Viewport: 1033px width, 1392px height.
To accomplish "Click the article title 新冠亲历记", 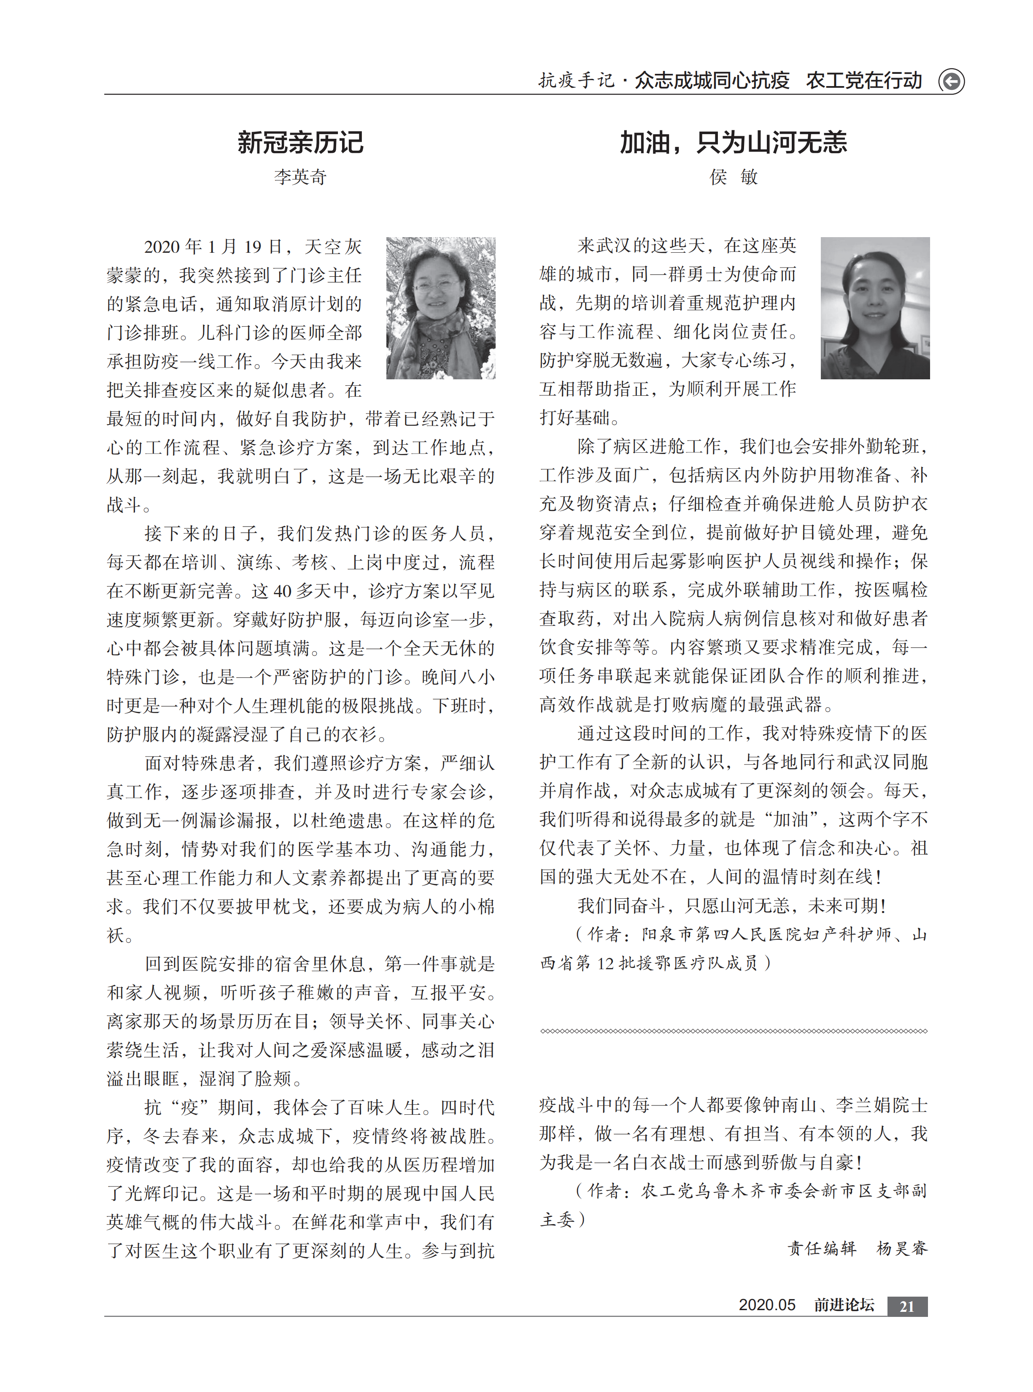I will coord(300,143).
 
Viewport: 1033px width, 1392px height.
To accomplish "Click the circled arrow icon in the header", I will coord(951,81).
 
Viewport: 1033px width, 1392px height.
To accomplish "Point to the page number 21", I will coord(907,1306).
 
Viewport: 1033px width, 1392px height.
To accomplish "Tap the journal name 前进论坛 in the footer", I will coord(844,1305).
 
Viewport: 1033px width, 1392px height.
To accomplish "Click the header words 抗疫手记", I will coord(577,81).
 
